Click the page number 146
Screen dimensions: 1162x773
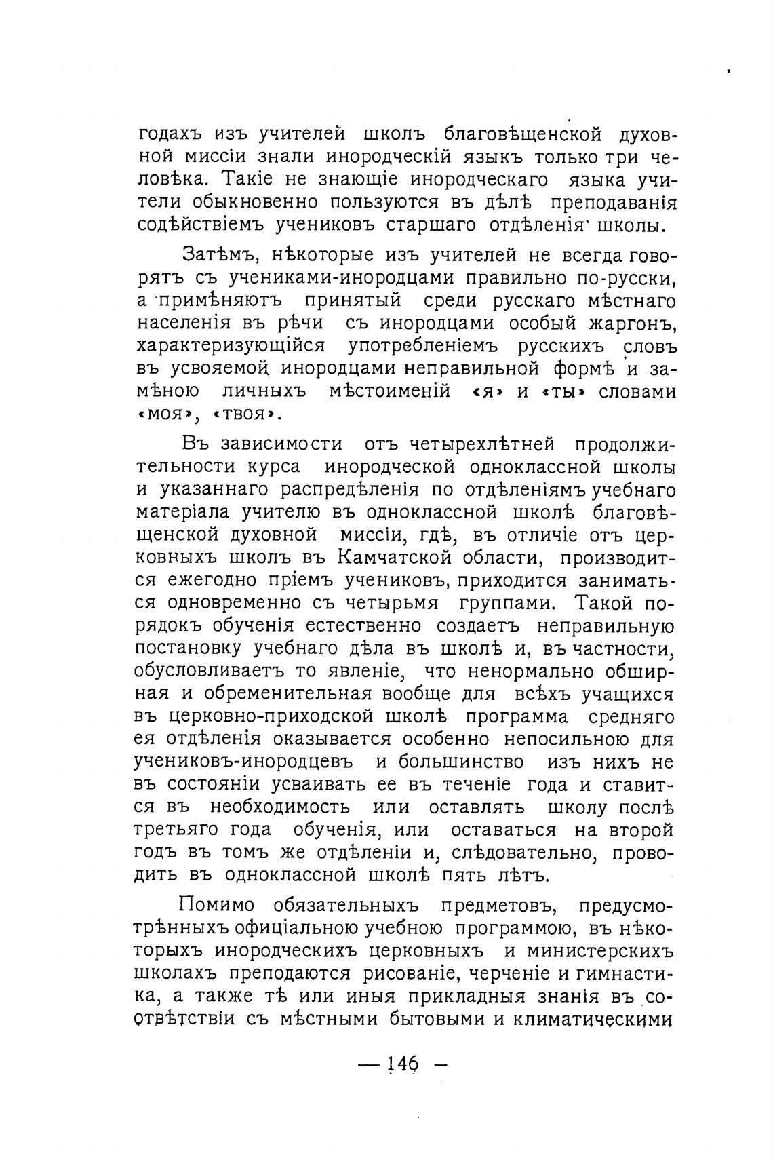tap(401, 1063)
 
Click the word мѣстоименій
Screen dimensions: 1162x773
tap(389, 392)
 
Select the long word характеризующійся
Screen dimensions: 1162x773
tap(231, 347)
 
